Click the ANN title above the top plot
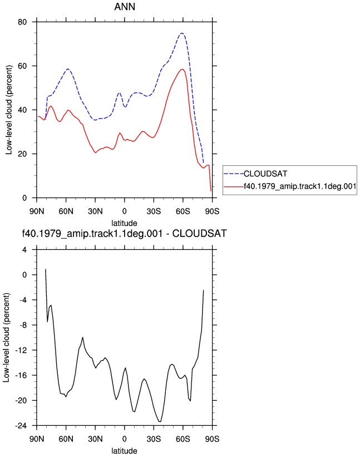point(125,7)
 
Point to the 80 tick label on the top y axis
point(22,22)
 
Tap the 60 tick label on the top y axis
point(22,66)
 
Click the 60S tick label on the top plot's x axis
point(183,211)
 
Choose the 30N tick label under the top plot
point(95,211)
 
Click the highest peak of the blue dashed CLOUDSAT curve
point(182,33)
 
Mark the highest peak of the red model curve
point(183,69)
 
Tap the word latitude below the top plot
point(125,223)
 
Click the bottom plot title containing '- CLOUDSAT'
point(125,233)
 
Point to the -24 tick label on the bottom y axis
point(21,425)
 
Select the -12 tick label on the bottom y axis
point(21,350)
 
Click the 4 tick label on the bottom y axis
point(24,249)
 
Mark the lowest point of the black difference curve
point(160,421)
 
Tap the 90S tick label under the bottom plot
point(212,439)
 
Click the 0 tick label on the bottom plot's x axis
point(125,439)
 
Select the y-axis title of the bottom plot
point(7,338)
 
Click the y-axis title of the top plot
point(9,110)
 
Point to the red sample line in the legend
point(234,186)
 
